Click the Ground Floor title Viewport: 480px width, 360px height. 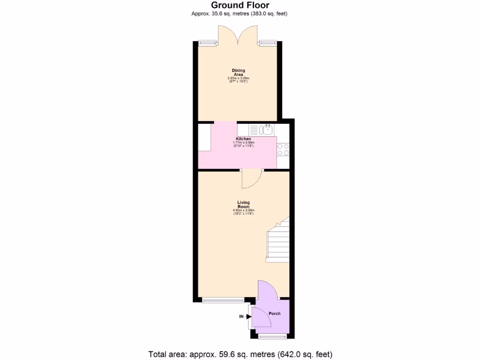pos(240,5)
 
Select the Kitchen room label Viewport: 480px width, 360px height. pos(243,139)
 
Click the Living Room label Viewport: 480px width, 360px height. pos(243,204)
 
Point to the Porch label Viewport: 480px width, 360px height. pos(274,313)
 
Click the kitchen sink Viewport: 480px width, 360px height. pos(268,129)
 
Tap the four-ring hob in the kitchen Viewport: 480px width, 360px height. pos(283,149)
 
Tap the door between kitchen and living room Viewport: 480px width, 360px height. pos(252,179)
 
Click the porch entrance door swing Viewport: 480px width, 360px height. pos(262,316)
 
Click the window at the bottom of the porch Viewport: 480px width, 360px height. pos(271,337)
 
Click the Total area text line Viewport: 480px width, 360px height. pos(240,354)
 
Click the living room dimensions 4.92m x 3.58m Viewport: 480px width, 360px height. pos(243,210)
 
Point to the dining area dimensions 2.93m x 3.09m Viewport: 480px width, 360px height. pos(238,78)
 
